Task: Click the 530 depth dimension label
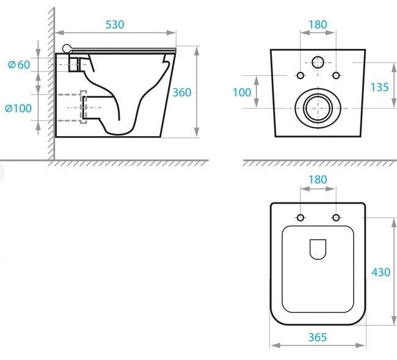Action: [x=115, y=24]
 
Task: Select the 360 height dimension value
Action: [x=182, y=93]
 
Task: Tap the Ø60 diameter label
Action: [x=20, y=65]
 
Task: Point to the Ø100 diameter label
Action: [x=18, y=108]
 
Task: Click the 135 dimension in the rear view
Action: [x=379, y=87]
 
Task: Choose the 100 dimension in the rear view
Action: [x=242, y=92]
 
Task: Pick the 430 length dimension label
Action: [x=381, y=272]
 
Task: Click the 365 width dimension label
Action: [x=318, y=337]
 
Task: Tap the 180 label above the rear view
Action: [x=318, y=24]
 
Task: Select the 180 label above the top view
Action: [x=318, y=179]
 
